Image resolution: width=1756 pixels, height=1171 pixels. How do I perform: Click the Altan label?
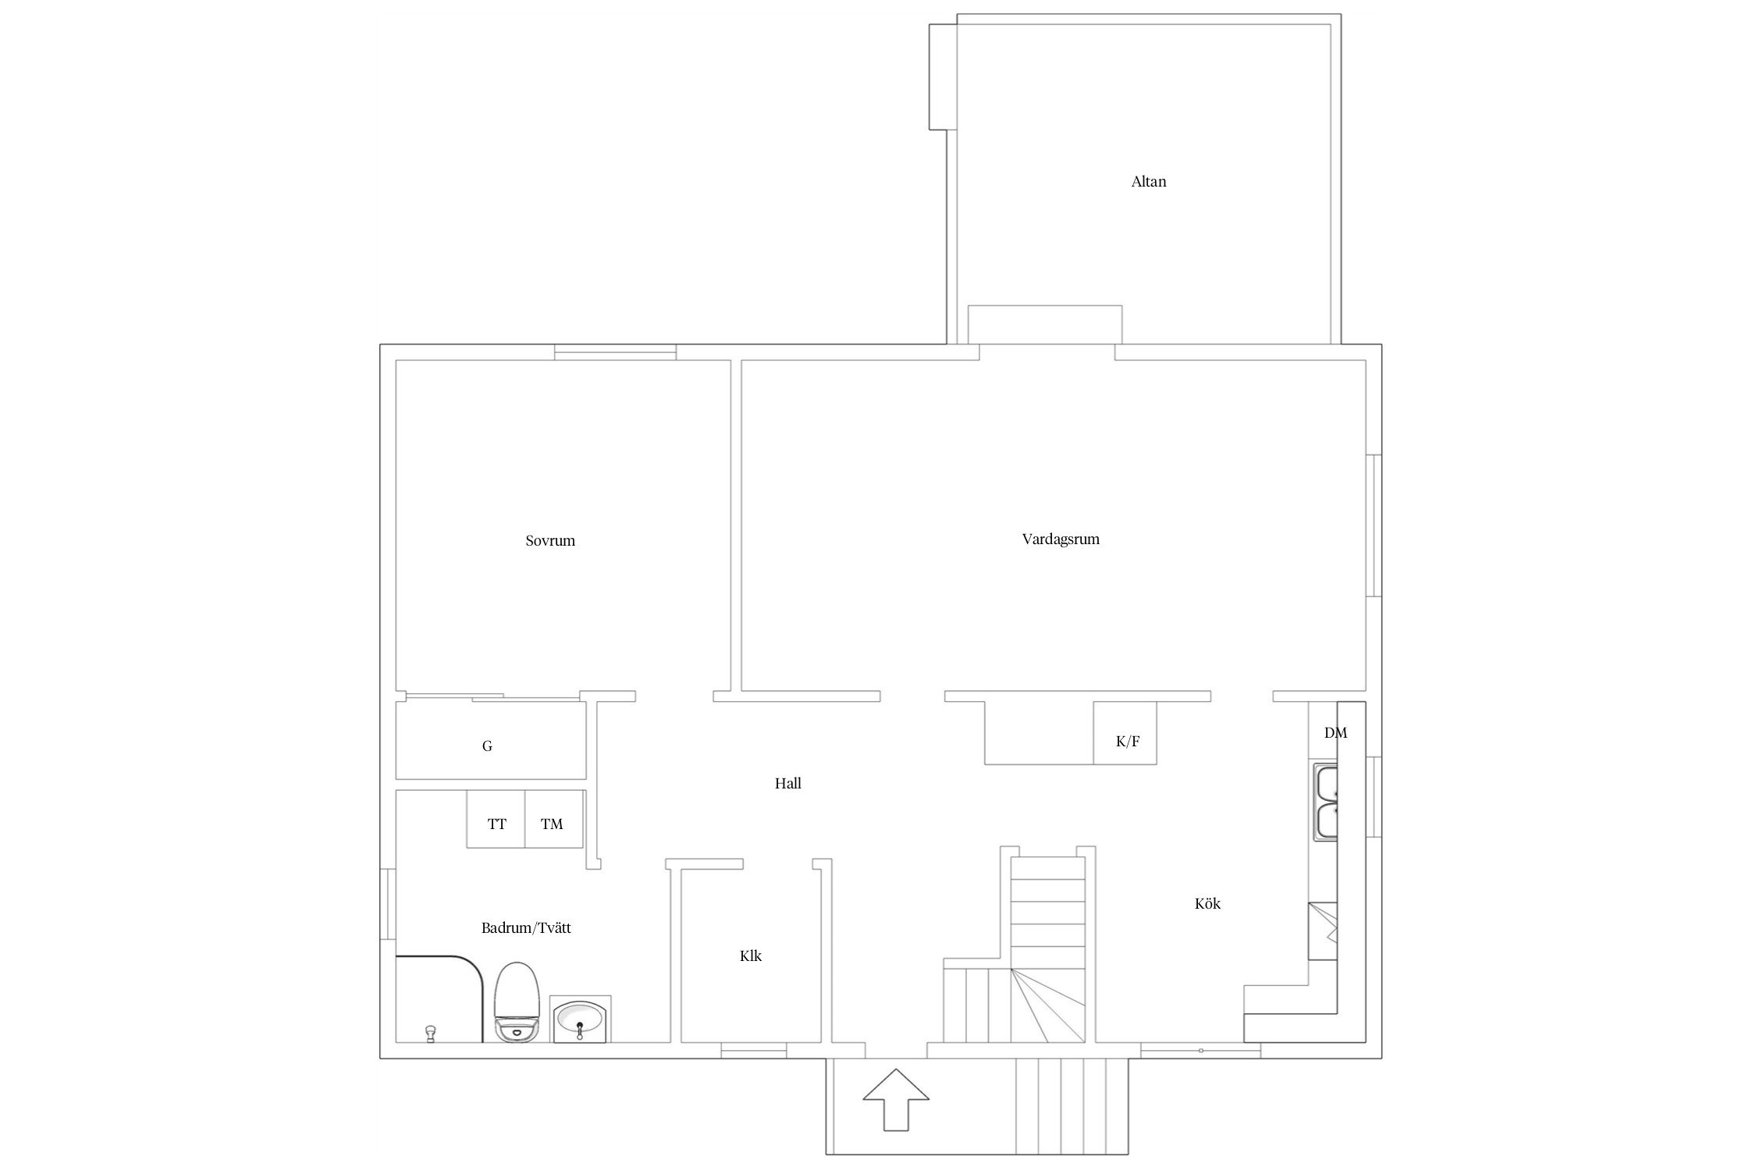click(1148, 182)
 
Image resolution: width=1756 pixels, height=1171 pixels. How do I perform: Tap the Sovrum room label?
click(550, 540)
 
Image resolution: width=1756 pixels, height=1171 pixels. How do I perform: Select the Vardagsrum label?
click(1061, 539)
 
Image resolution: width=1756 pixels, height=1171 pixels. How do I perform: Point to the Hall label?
click(788, 783)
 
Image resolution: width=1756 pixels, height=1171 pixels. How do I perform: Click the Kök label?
click(1207, 903)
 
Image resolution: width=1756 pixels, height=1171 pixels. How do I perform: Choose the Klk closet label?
click(751, 956)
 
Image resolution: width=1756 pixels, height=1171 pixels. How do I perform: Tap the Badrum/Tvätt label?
click(526, 928)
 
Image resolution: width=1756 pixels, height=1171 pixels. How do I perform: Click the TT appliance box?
click(496, 819)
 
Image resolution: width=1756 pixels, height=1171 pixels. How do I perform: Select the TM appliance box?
click(554, 819)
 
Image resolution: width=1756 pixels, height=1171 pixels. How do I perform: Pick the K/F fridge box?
click(1125, 732)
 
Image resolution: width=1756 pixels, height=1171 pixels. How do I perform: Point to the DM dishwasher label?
click(1335, 733)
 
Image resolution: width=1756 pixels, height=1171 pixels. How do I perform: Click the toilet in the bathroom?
click(517, 1002)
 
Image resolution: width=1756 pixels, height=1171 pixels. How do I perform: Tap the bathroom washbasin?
click(580, 1019)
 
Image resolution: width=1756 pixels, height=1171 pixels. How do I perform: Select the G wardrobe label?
click(487, 746)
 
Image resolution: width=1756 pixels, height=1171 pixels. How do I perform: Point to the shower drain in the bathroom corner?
click(429, 1034)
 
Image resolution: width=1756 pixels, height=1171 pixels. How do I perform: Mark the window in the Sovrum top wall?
click(615, 352)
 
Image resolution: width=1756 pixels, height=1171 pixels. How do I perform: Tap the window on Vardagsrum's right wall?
click(1374, 525)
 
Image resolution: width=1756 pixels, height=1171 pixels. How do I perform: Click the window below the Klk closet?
click(753, 1051)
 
